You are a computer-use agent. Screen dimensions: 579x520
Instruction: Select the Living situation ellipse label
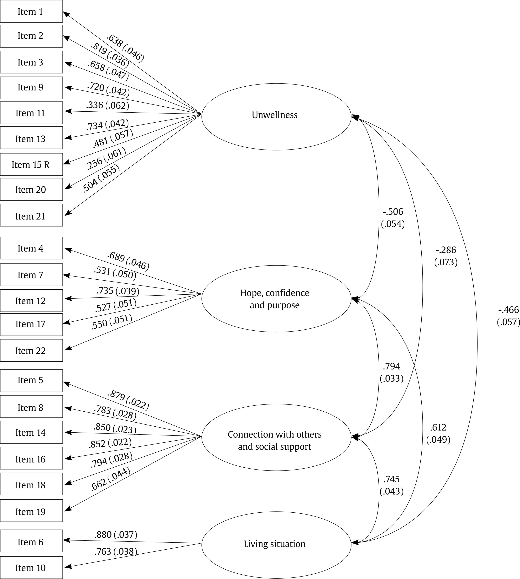point(275,544)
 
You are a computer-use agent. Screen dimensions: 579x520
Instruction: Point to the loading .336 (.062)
point(107,105)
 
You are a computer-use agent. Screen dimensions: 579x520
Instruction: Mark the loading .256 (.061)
point(106,158)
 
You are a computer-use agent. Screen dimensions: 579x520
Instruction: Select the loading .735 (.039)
point(118,291)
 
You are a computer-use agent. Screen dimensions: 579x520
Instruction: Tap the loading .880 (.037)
point(116,535)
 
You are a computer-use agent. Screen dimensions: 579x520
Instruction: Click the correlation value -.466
point(508,310)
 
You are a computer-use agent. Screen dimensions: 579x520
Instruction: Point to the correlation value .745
point(391,479)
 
